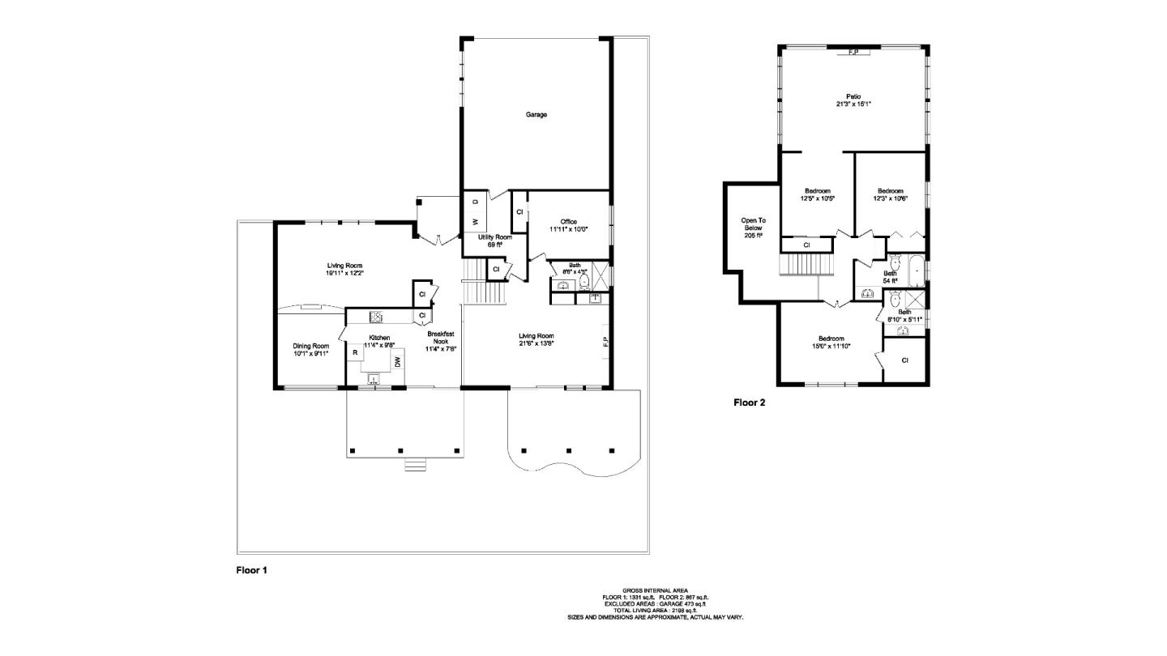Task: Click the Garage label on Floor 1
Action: click(536, 114)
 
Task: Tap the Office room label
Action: click(568, 222)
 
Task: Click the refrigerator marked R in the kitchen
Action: click(355, 352)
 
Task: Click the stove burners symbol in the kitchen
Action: click(377, 316)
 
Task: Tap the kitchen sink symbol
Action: click(374, 378)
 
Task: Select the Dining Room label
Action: click(310, 346)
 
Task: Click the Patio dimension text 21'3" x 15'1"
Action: click(853, 104)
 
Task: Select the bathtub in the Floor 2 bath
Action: click(915, 270)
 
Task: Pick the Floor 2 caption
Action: click(750, 402)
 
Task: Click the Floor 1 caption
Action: click(251, 570)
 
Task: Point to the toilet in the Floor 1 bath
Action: click(584, 282)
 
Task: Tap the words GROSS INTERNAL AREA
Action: click(655, 590)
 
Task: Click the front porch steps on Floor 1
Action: click(414, 465)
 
